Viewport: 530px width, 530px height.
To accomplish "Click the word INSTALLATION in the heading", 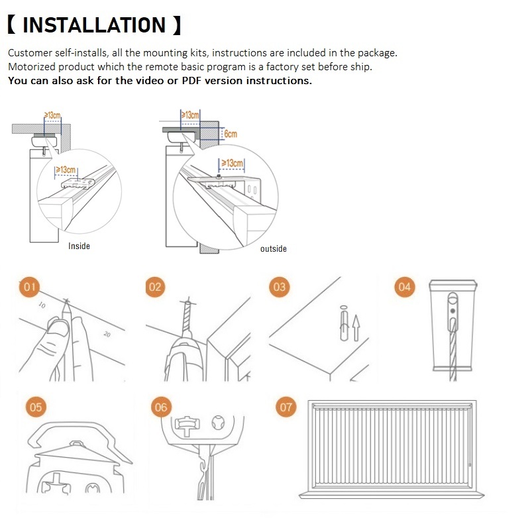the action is [94, 25].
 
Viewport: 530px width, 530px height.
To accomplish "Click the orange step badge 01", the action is [29, 287].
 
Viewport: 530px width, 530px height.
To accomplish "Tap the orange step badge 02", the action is [155, 287].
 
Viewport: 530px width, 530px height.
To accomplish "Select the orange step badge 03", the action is [280, 287].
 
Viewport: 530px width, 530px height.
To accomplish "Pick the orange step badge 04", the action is [405, 287].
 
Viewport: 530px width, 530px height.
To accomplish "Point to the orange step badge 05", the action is [36, 407].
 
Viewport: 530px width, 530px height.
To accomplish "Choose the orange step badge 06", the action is [161, 407].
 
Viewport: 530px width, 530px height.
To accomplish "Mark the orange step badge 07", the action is [286, 407].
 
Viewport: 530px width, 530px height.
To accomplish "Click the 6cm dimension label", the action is [231, 134].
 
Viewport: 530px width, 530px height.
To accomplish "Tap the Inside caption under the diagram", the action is [79, 246].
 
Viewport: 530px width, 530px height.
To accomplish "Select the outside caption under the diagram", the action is [274, 249].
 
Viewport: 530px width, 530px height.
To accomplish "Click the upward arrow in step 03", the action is [356, 327].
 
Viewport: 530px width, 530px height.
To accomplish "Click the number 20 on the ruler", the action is [107, 335].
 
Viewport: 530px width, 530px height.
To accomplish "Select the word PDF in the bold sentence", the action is [191, 80].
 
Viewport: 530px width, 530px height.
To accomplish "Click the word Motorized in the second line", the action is [31, 67].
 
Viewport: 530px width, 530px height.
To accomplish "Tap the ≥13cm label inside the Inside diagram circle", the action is [66, 170].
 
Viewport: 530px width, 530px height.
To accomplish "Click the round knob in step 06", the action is [218, 423].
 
